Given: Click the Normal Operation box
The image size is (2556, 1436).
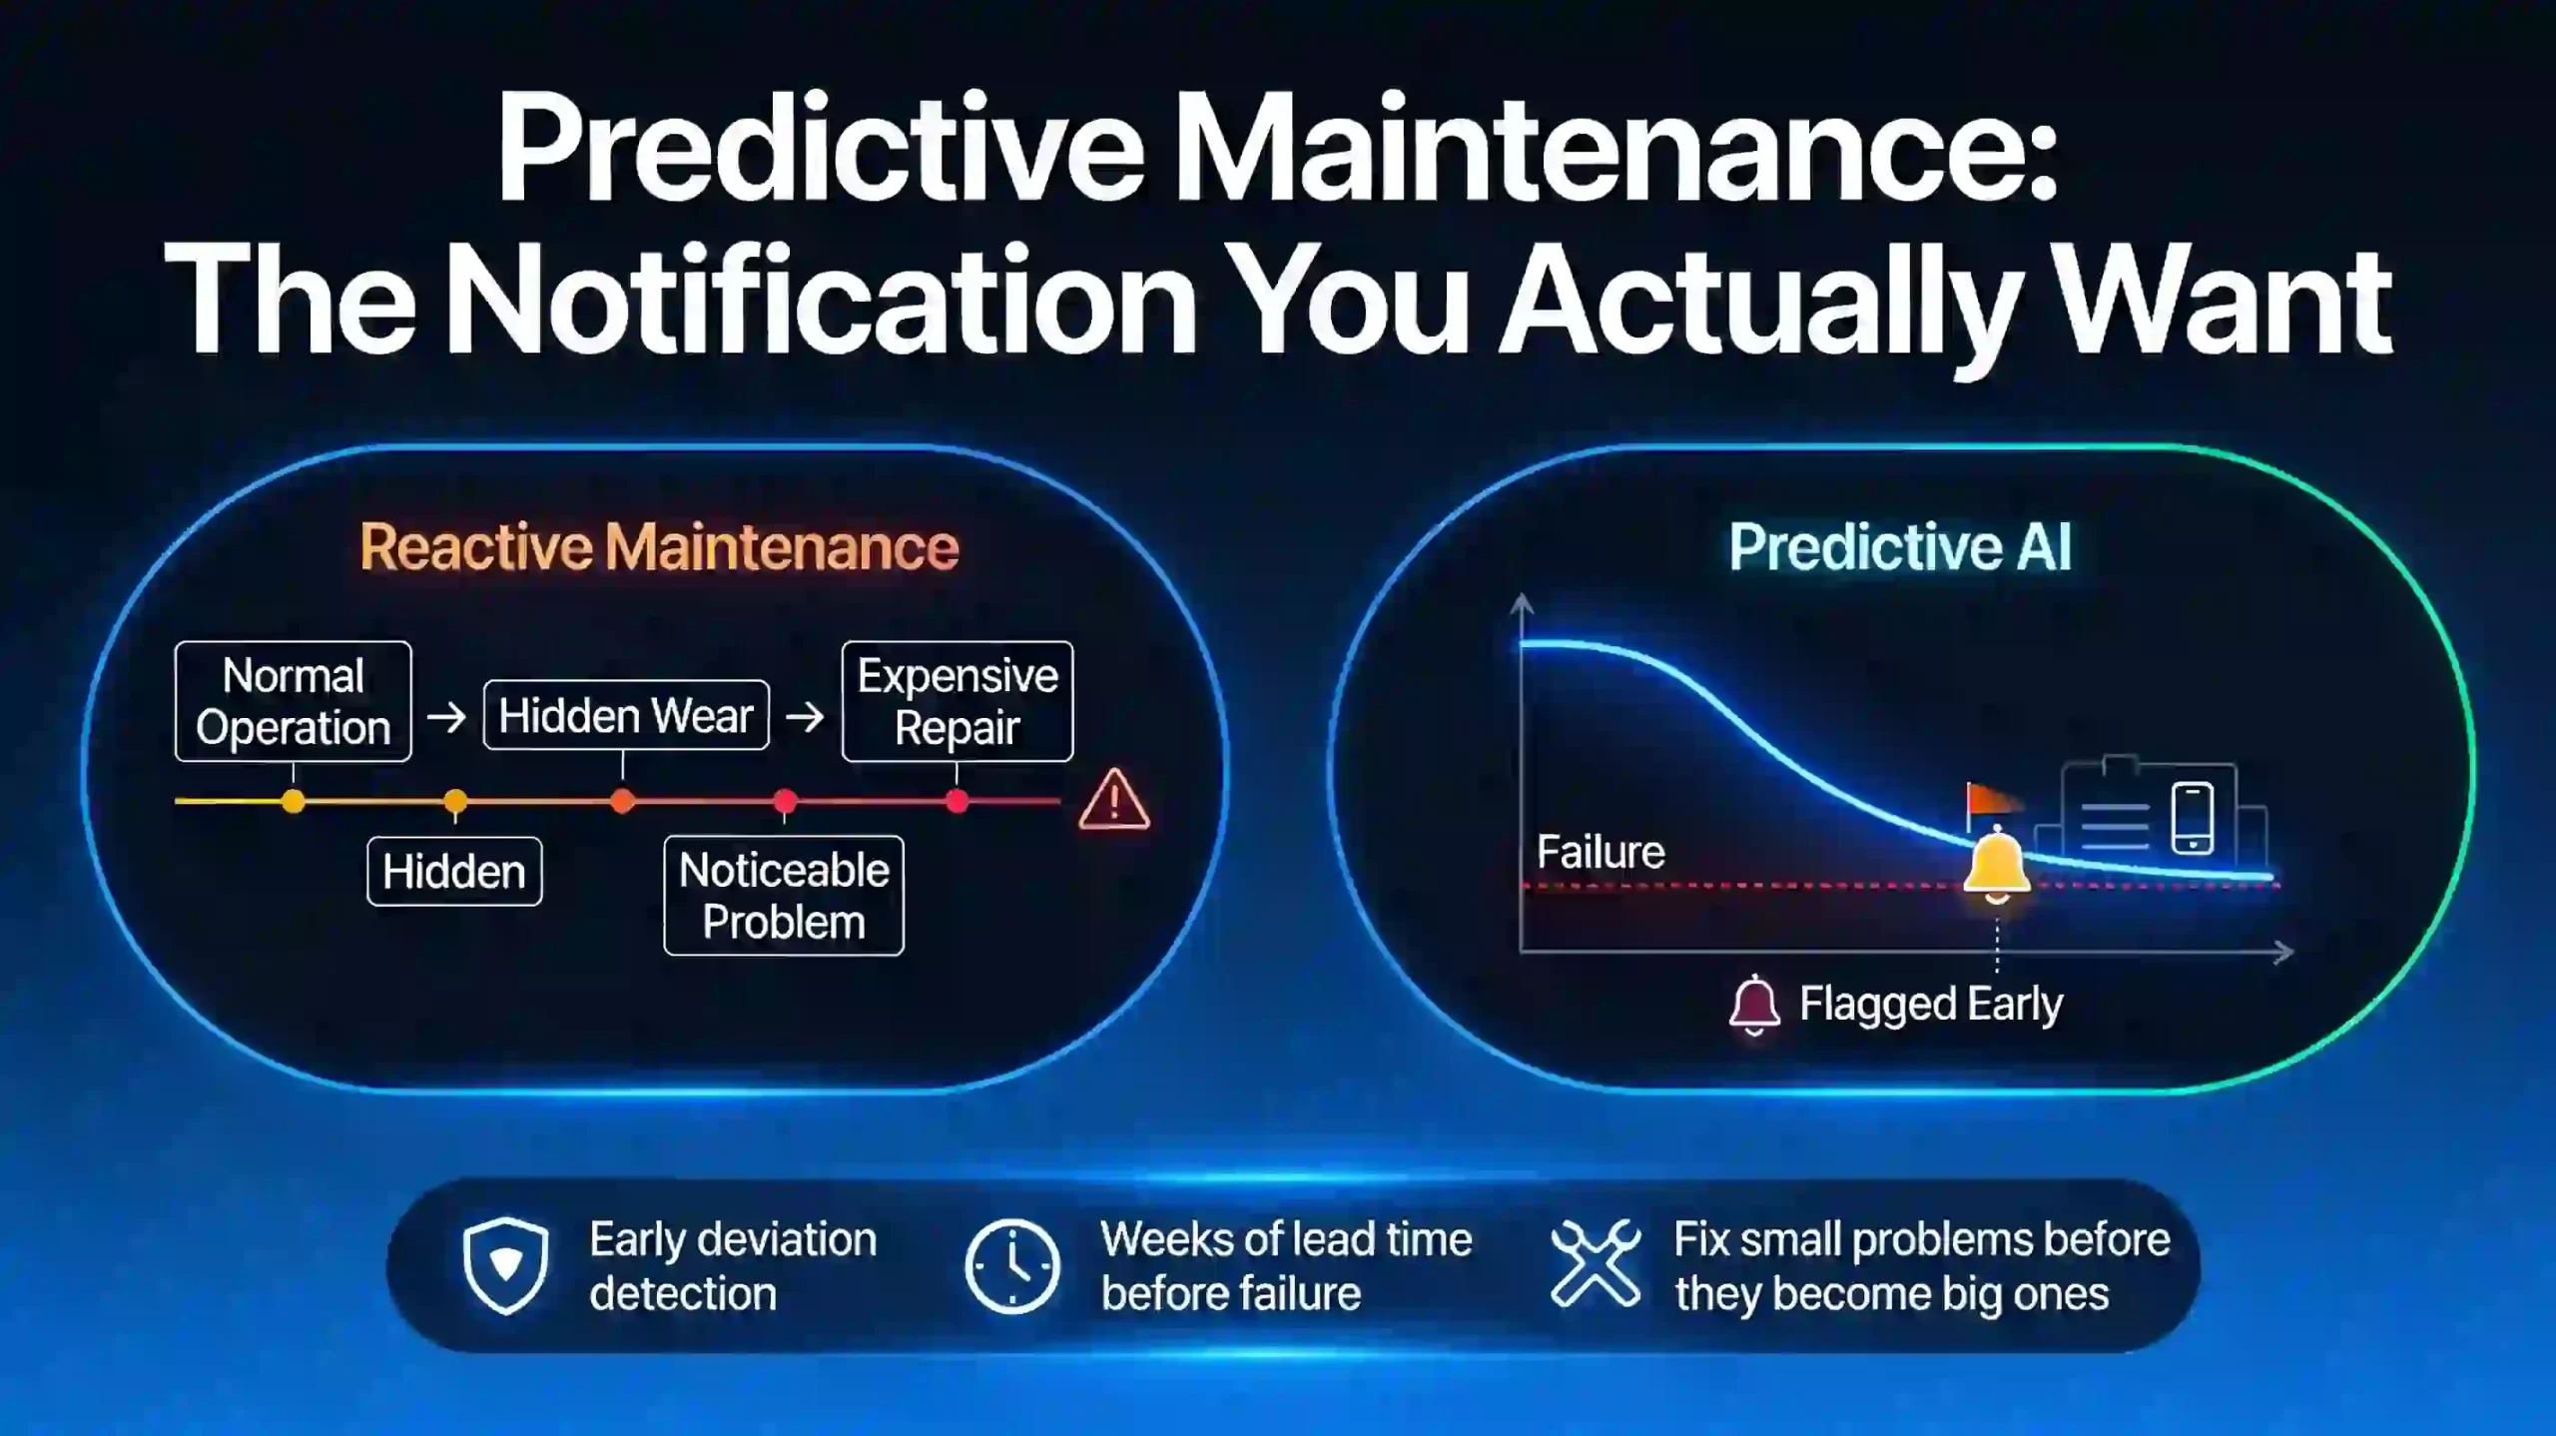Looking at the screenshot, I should (293, 701).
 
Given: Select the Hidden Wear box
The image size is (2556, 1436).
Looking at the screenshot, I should (626, 715).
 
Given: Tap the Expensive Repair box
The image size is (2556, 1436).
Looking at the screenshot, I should (957, 701).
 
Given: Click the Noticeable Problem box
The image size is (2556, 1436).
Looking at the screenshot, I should (784, 896).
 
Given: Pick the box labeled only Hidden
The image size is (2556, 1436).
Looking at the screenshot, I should (454, 872).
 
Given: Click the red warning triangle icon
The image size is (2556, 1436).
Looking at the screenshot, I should (1114, 801).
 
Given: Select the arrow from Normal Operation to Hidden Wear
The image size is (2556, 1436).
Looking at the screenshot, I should (446, 716).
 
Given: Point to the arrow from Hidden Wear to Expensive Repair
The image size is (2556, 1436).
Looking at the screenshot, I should (805, 716).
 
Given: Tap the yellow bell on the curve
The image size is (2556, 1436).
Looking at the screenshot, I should (1997, 865).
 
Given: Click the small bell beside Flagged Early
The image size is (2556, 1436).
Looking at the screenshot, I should (1754, 1006).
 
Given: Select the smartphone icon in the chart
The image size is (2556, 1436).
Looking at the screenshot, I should (2193, 818).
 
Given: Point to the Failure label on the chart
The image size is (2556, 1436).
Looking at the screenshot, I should (1600, 852).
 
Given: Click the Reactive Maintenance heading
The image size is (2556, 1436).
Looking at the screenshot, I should (659, 547).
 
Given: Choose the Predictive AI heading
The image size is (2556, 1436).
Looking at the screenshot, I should (1900, 547).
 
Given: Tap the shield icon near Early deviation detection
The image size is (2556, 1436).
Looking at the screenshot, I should (506, 1265).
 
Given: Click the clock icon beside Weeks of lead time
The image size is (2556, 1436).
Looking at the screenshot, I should (1012, 1265).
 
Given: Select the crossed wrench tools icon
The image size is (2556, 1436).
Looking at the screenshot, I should (1596, 1263).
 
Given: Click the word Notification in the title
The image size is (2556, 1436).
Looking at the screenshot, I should (820, 300).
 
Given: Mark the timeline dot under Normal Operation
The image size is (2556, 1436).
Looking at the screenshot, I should (294, 801).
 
